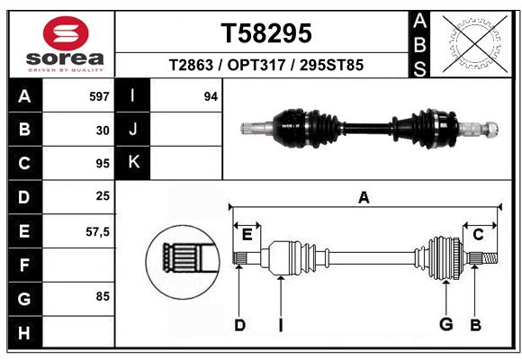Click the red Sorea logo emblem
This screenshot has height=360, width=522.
click(66, 33)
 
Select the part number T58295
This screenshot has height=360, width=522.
click(266, 33)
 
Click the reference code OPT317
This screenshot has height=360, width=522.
click(256, 65)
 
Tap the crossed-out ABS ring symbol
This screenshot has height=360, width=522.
click(475, 44)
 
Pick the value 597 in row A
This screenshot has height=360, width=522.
click(99, 96)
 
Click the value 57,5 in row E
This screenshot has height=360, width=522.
click(97, 232)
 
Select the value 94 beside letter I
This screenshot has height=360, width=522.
click(211, 96)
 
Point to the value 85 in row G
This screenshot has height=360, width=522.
click(103, 296)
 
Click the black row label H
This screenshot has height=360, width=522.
click(25, 332)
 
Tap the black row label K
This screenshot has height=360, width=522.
click(133, 163)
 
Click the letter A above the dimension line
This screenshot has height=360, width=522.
click(364, 197)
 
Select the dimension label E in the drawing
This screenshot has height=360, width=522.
click(247, 235)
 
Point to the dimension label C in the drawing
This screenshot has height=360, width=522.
click(478, 235)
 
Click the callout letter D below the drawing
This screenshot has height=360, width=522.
click(239, 325)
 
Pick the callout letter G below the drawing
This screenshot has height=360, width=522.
click(446, 324)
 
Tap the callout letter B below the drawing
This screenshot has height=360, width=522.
click(475, 325)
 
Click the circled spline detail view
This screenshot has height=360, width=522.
click(183, 261)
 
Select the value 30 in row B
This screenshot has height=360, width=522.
click(103, 130)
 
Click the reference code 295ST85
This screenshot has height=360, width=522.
click(331, 65)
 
